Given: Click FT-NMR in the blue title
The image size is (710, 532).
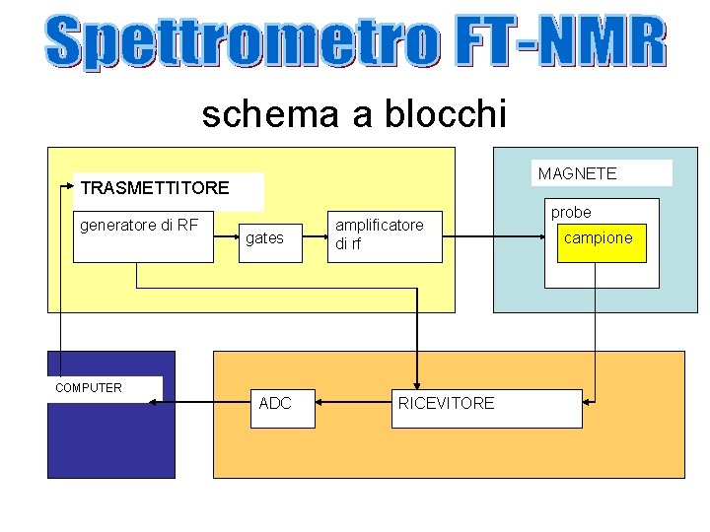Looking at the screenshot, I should click(559, 41).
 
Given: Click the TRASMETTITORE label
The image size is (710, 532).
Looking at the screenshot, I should click(155, 188).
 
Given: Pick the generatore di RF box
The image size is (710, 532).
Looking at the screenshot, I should click(144, 236).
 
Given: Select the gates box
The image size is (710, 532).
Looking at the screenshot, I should click(264, 238).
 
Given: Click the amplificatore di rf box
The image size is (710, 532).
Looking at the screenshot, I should click(386, 236).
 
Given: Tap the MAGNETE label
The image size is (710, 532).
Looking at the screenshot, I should click(578, 173).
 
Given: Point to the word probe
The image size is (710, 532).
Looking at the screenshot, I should click(571, 212).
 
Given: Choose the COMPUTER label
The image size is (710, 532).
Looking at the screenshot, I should click(89, 387).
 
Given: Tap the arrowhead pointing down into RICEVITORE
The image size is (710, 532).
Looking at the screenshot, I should click(418, 385).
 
